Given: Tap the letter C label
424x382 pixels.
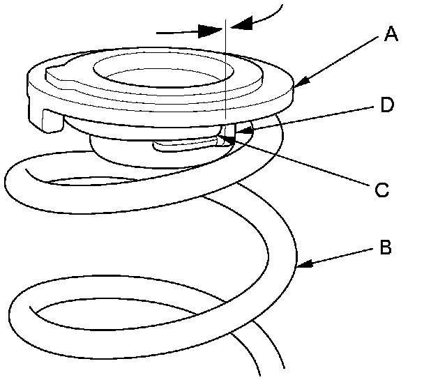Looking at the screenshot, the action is point(381,188).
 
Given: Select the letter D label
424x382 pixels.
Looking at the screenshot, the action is point(388,106).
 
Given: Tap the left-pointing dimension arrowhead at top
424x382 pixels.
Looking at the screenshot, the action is point(237,25).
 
